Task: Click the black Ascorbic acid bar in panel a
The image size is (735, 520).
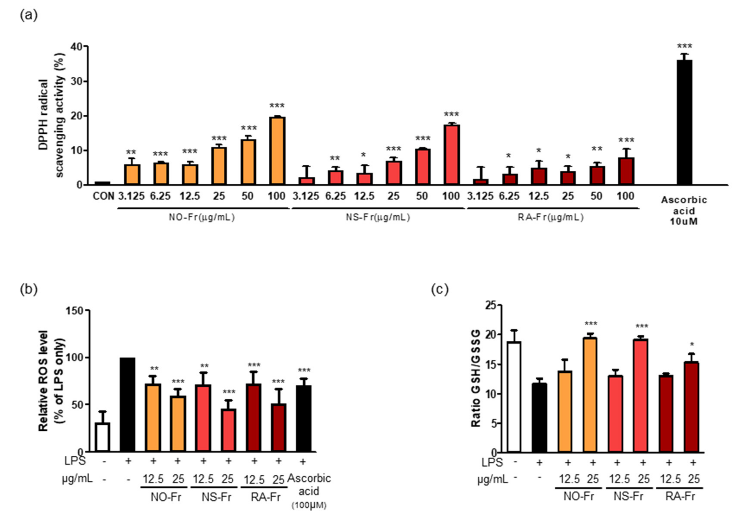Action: coord(684,122)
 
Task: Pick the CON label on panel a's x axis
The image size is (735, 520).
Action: coord(103,196)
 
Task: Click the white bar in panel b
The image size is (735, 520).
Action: coord(103,437)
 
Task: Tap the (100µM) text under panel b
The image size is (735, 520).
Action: coord(309,506)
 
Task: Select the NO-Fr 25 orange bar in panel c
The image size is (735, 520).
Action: coord(590,395)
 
